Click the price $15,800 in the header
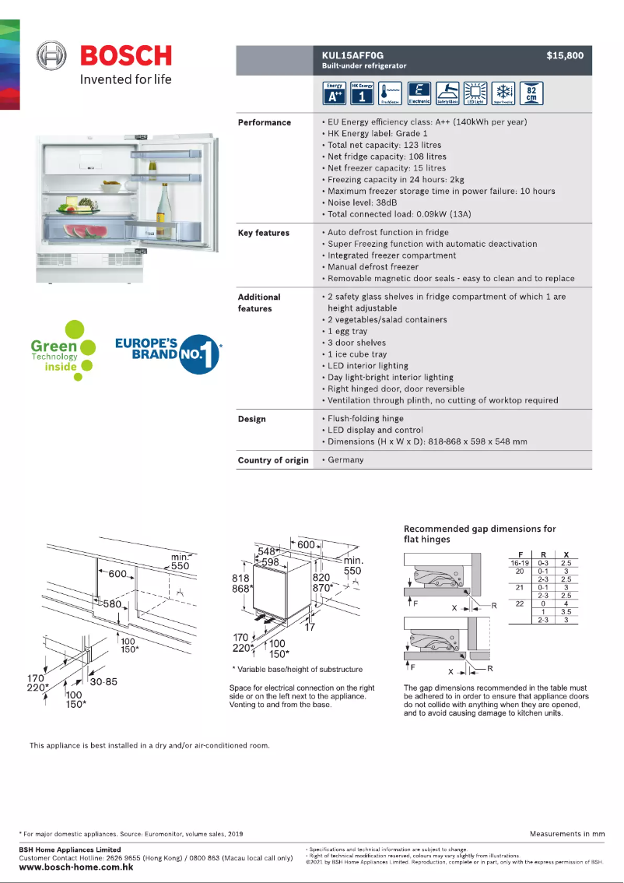point(564,55)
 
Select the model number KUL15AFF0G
point(348,55)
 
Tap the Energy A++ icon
point(335,93)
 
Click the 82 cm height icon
point(531,93)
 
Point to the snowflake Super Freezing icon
point(502,93)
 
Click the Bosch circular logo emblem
point(54,56)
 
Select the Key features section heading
point(263,233)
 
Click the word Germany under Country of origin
point(345,460)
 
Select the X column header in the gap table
point(566,554)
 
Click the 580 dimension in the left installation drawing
point(112,604)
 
